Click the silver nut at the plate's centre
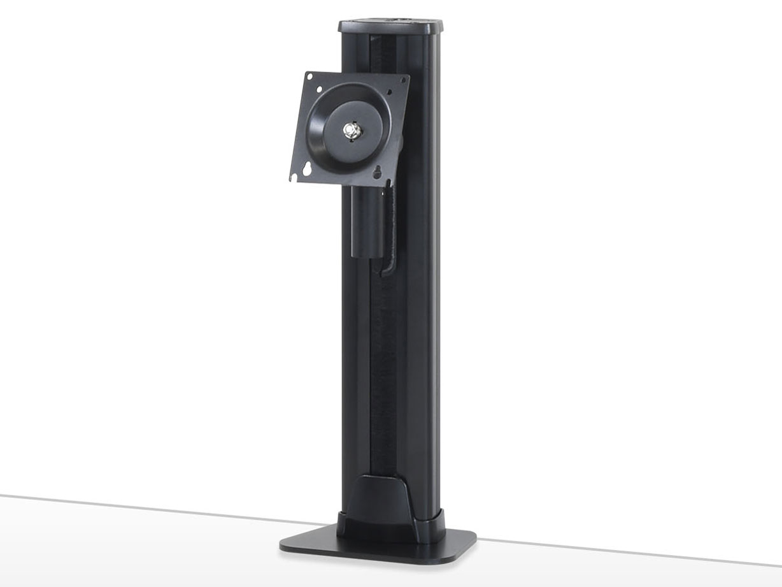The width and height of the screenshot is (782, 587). click(x=351, y=130)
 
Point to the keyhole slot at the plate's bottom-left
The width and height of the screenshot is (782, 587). click(x=307, y=170)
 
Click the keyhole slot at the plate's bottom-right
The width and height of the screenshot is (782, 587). click(x=377, y=172)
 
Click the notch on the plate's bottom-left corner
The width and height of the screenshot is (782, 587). click(x=294, y=178)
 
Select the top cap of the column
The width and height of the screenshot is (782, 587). click(x=391, y=27)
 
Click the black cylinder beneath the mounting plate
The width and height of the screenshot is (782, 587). click(x=368, y=220)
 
